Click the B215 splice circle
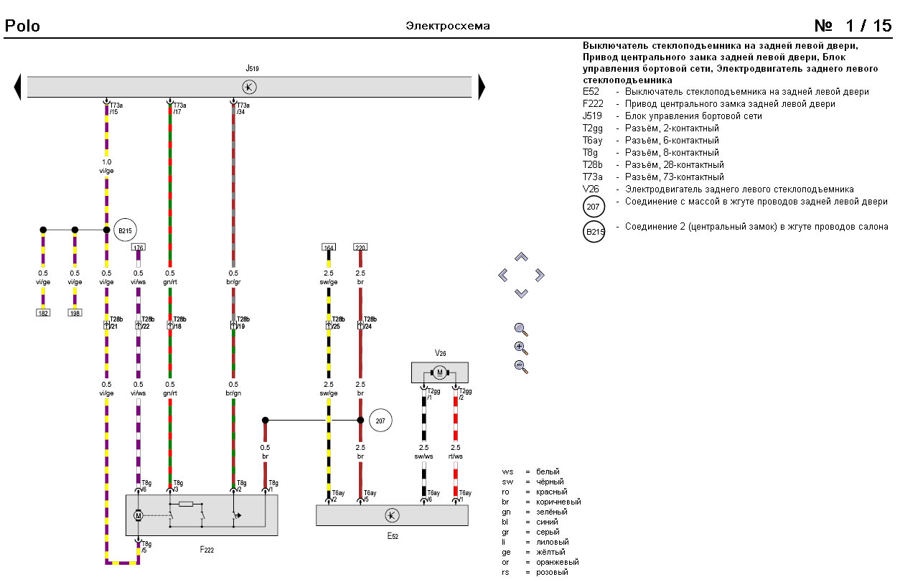[x=125, y=230]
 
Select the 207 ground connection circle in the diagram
[x=380, y=421]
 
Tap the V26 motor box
[x=439, y=372]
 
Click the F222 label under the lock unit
[x=207, y=550]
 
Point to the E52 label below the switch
[x=392, y=535]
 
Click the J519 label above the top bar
[x=252, y=68]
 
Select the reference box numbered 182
[x=43, y=313]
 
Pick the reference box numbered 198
[x=75, y=313]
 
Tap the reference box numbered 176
[x=139, y=248]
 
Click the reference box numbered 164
[x=329, y=248]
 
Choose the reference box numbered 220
[x=360, y=248]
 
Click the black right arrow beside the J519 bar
[x=482, y=87]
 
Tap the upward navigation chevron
[x=522, y=256]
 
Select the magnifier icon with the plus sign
[x=521, y=348]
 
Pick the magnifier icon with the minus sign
[x=521, y=367]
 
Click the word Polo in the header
[x=22, y=27]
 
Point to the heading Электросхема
[x=448, y=26]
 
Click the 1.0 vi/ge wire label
[x=106, y=166]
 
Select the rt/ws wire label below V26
[x=456, y=451]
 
